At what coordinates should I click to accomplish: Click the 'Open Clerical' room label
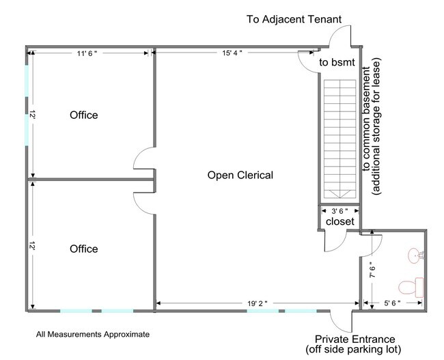[240, 175]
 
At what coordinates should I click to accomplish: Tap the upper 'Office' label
[84, 115]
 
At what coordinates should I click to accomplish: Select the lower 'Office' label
[84, 249]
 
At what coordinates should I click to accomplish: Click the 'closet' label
[339, 221]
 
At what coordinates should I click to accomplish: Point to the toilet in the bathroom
[411, 287]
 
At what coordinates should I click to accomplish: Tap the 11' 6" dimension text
[87, 53]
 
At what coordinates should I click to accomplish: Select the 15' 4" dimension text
[232, 53]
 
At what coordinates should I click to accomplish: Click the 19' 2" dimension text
[258, 303]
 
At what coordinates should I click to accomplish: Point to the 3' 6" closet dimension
[339, 211]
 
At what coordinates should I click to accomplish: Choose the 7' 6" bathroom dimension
[372, 272]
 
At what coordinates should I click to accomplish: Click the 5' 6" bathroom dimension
[392, 303]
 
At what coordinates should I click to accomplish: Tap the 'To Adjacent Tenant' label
[294, 19]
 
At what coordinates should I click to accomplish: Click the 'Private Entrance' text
[355, 339]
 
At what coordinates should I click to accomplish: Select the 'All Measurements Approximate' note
[93, 335]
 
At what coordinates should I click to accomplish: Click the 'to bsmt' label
[337, 62]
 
